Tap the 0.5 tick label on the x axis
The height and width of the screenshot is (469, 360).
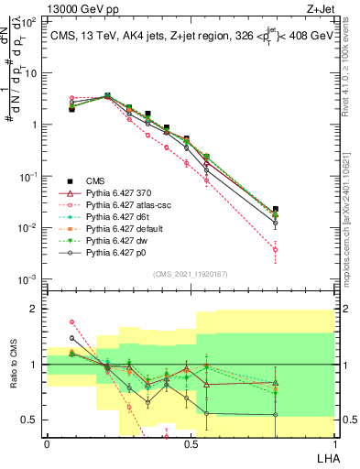(x=190, y=444)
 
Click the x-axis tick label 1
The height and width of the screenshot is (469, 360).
(x=333, y=444)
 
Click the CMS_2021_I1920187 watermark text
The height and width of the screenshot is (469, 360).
(x=190, y=273)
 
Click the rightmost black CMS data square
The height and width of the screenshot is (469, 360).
(x=276, y=210)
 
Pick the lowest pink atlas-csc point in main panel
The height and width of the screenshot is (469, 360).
(x=276, y=249)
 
